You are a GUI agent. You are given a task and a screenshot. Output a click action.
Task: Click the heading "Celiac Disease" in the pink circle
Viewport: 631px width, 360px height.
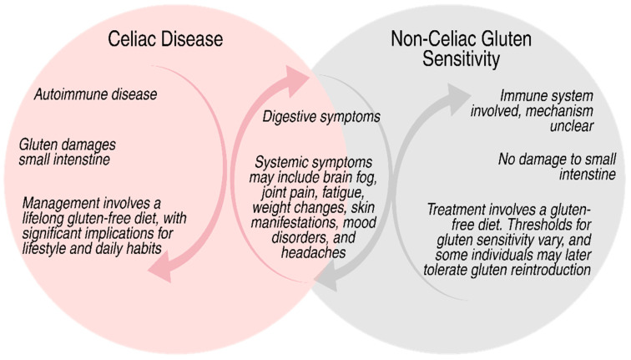(165, 39)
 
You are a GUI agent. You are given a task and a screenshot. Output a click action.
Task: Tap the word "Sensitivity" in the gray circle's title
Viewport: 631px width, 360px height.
(461, 58)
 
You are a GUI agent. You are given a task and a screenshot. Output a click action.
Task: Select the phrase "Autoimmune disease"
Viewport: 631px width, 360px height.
(95, 94)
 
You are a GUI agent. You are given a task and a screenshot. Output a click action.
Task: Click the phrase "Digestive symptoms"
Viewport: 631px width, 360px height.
(321, 117)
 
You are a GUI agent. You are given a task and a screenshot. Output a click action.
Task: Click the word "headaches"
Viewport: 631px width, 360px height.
(314, 252)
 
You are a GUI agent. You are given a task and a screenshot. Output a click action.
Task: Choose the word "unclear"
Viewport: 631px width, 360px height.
(572, 126)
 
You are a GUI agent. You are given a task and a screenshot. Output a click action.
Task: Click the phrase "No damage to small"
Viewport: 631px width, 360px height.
(557, 160)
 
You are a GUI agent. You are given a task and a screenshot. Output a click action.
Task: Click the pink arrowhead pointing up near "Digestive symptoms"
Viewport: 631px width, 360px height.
(295, 80)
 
